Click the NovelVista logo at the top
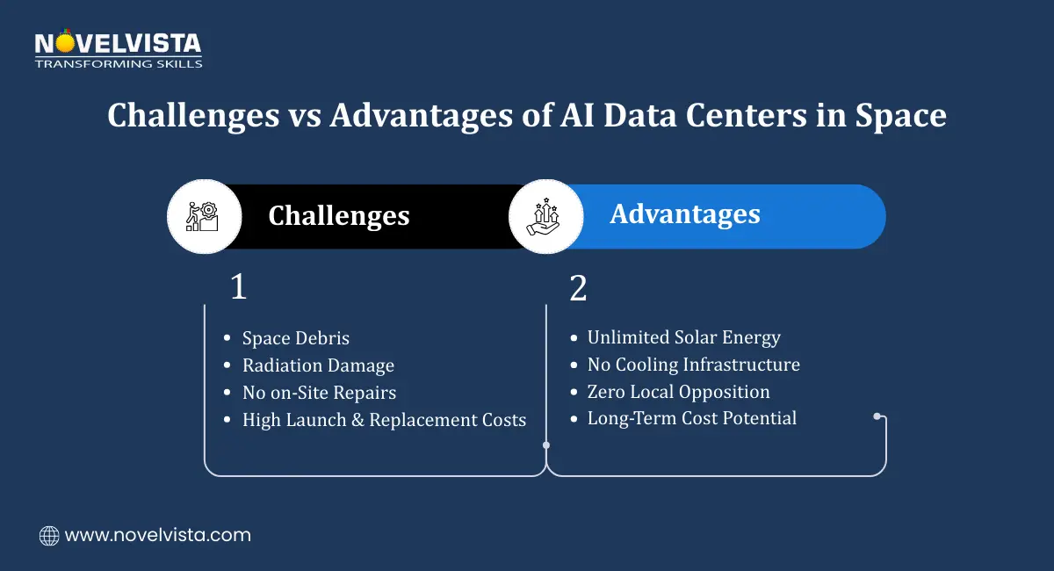(x=118, y=44)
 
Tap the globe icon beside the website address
(x=49, y=535)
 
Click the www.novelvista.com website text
(x=157, y=535)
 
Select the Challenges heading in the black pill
(x=338, y=216)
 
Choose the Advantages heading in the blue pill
(x=684, y=214)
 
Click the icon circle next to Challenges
(x=204, y=216)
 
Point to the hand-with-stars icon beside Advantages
(x=545, y=216)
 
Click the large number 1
(x=238, y=288)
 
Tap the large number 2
(x=578, y=288)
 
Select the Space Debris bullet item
(x=295, y=338)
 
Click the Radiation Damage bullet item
(x=318, y=365)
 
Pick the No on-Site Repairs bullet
(x=319, y=393)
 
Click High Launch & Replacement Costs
(x=384, y=420)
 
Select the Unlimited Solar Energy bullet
(x=683, y=337)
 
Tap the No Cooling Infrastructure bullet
(x=693, y=365)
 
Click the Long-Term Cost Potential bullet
(x=691, y=418)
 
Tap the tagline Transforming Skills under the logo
(x=118, y=63)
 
